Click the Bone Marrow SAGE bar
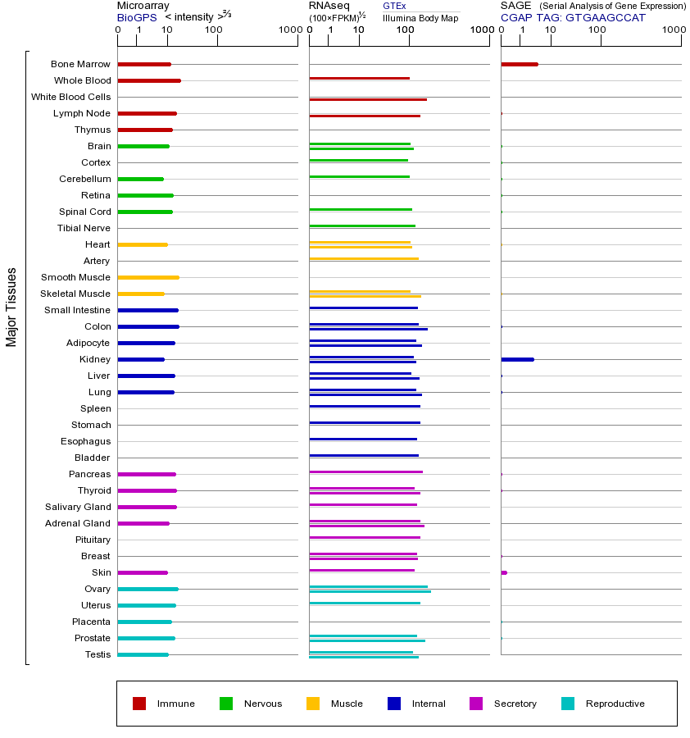click(519, 64)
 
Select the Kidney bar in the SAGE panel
click(517, 359)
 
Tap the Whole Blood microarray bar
click(148, 80)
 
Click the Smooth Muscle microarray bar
click(148, 277)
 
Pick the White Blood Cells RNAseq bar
click(367, 99)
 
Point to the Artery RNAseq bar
click(363, 259)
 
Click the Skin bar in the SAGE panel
click(504, 572)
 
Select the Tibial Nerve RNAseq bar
click(361, 225)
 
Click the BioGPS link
click(136, 17)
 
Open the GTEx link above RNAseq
click(394, 6)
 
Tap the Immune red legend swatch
click(139, 704)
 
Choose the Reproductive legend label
click(615, 704)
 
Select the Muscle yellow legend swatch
click(313, 704)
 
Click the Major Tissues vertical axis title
click(11, 307)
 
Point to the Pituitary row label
click(92, 540)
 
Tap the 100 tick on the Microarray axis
click(213, 30)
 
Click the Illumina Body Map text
click(420, 17)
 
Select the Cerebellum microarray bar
click(140, 179)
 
